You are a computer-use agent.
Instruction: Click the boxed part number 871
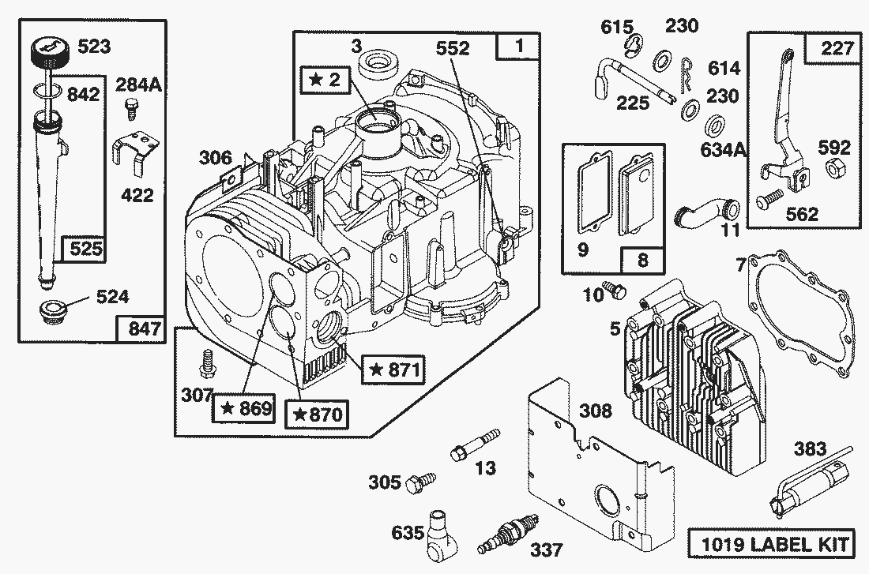tap(392, 369)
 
